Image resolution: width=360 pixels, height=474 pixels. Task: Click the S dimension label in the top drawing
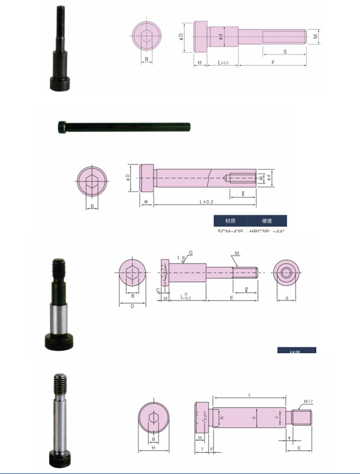284,52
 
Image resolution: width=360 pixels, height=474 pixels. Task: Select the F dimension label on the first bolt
273,63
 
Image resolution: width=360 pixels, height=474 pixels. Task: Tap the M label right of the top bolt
316,36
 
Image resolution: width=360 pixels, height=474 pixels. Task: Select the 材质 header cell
230,221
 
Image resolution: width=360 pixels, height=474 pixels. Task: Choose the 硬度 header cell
267,221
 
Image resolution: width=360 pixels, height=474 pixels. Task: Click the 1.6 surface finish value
180,258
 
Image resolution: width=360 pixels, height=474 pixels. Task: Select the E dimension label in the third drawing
231,298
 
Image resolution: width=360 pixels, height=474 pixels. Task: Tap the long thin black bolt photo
124,127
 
